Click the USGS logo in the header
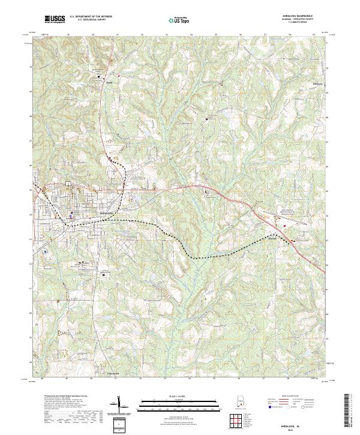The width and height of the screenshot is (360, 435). pos(55,19)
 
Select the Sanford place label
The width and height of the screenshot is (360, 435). pos(273,235)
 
